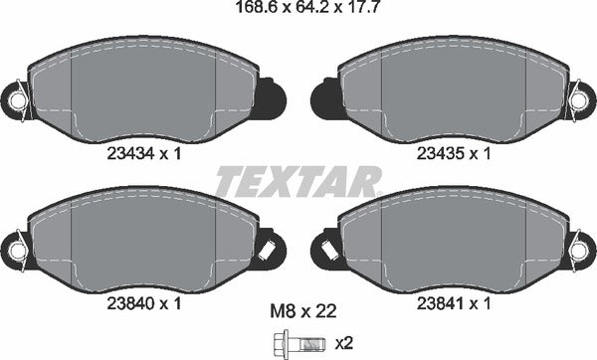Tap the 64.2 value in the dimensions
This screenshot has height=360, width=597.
298,11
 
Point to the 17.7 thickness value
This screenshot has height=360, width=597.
348,11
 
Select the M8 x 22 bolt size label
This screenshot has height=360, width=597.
298,311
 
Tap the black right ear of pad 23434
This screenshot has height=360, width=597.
272,98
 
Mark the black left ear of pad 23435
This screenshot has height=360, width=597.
324,98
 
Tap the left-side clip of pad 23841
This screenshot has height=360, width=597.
327,249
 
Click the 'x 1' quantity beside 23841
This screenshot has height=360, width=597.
481,303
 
